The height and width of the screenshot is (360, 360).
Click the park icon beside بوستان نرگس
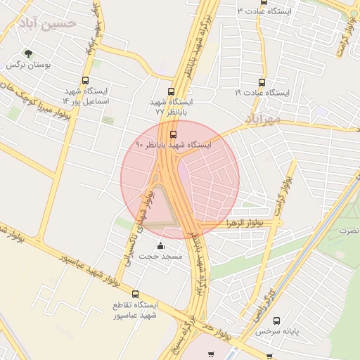28,53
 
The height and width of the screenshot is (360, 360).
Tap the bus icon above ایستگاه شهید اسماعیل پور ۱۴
86,81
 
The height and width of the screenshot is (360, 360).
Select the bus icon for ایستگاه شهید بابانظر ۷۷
172,91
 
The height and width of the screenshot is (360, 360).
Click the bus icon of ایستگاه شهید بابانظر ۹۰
173,134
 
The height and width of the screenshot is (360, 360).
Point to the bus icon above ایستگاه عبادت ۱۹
262,82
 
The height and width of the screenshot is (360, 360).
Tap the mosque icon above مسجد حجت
160,246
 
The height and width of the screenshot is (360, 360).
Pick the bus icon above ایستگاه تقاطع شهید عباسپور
135,295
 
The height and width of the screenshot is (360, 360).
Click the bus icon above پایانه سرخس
276,320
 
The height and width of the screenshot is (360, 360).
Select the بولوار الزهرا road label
241,223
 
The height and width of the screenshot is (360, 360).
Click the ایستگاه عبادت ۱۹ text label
262,93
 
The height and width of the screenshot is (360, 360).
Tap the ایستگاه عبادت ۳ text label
267,11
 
